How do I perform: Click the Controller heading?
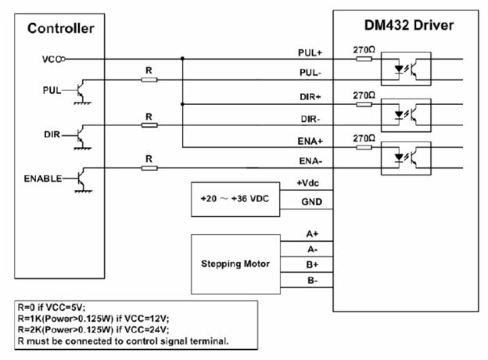[x=61, y=29]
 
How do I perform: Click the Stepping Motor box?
[x=235, y=264]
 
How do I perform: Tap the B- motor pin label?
[x=311, y=279]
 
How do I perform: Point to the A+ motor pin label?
[x=311, y=233]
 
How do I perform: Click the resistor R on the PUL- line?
[x=149, y=80]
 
